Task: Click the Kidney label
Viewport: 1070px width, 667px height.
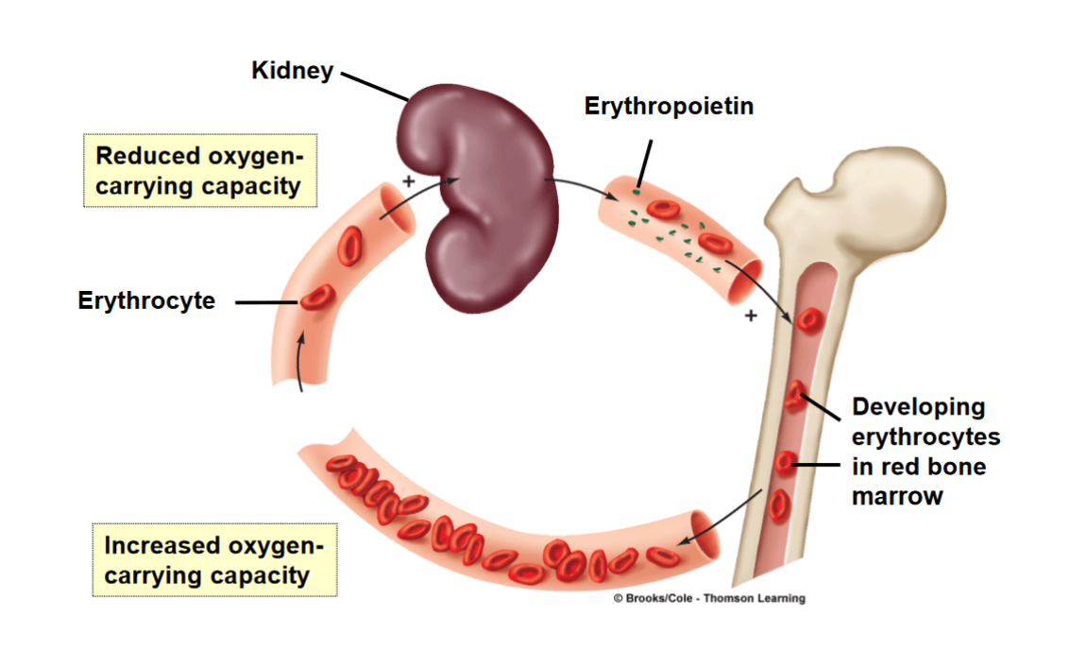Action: point(292,71)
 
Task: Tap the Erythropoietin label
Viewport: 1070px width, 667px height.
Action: point(669,106)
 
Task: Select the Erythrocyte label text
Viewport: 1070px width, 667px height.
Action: point(146,301)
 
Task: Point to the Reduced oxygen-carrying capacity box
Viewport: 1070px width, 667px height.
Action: point(199,170)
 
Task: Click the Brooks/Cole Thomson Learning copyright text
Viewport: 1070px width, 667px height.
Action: point(709,598)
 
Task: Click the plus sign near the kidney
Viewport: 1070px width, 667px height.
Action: point(408,180)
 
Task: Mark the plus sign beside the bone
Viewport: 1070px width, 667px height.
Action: point(751,316)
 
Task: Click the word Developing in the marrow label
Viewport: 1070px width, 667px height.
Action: point(905,408)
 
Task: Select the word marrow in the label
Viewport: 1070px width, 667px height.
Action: point(896,496)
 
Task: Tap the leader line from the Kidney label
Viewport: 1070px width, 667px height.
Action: point(374,84)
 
